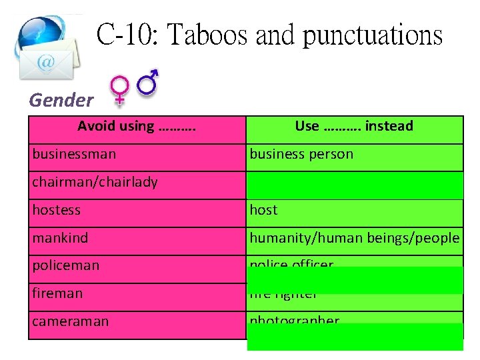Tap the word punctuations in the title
(373, 35)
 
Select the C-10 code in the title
(128, 34)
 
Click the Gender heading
(61, 101)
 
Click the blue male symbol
(148, 81)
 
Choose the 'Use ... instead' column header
(354, 126)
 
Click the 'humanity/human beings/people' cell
(354, 238)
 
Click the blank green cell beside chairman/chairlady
(355, 185)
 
